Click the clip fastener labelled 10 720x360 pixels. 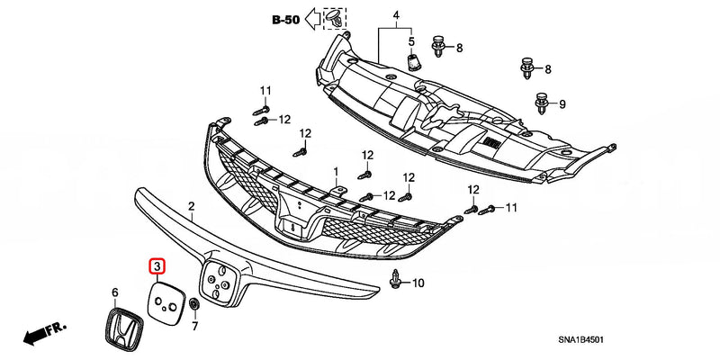[397, 281]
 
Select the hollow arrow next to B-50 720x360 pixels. [313, 17]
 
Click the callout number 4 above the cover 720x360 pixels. [393, 15]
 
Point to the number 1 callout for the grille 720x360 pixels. [335, 170]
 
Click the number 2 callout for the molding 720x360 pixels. [191, 207]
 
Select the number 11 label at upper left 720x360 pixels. [265, 91]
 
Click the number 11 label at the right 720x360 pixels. [512, 209]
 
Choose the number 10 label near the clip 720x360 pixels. [418, 283]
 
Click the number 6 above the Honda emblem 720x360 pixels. [115, 292]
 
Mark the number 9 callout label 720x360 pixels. [562, 105]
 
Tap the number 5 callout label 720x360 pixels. [411, 42]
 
